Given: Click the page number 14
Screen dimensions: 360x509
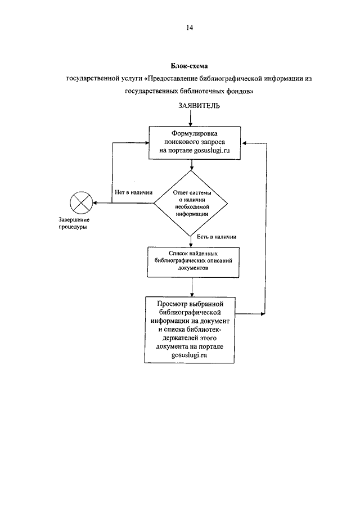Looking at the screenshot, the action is click(x=190, y=28).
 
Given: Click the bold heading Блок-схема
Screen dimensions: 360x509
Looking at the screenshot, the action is click(x=189, y=66).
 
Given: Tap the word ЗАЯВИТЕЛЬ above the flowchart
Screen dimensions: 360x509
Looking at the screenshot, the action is click(x=199, y=106).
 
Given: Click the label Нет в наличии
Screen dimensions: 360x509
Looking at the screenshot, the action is click(x=134, y=192).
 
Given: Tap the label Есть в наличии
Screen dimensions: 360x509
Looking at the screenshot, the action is click(x=217, y=237).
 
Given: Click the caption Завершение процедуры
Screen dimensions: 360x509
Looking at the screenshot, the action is click(x=74, y=223).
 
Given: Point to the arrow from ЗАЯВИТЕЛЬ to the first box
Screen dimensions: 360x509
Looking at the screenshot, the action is click(x=191, y=118).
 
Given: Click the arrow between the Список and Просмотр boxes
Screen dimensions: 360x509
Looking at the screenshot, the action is click(x=192, y=287).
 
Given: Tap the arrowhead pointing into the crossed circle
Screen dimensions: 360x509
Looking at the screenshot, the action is click(x=95, y=203).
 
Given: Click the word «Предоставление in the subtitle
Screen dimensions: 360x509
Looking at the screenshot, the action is click(x=170, y=79).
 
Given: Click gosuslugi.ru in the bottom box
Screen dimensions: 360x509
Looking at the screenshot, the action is click(x=189, y=355).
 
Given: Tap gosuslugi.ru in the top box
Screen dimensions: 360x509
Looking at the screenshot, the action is click(x=211, y=151).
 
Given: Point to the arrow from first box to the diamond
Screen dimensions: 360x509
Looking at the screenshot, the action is click(x=192, y=165).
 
